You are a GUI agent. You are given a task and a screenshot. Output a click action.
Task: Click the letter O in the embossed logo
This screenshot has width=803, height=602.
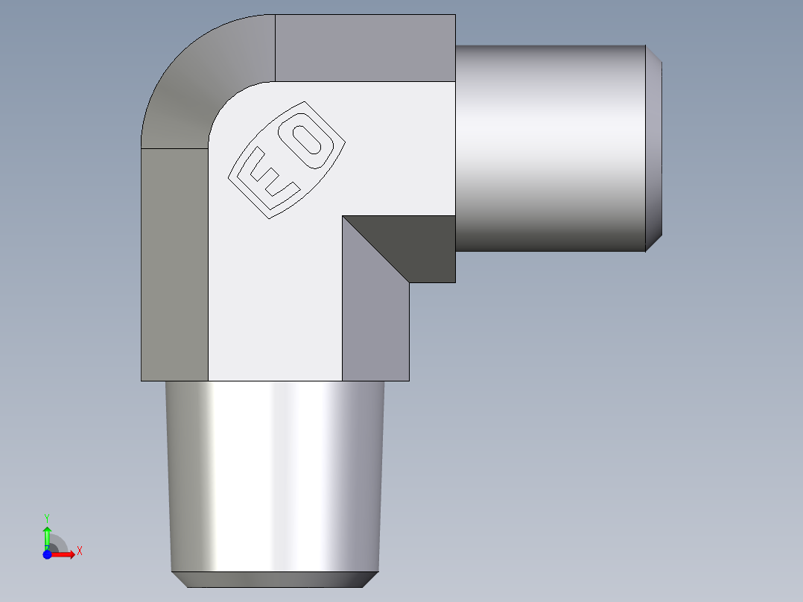coord(308,142)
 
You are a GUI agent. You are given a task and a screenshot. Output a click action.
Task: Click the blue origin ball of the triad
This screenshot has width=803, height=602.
coord(47,554)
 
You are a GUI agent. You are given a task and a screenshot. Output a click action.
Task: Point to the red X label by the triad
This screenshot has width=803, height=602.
coord(79,551)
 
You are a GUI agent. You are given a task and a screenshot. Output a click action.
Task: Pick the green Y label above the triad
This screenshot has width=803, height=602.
coord(47,517)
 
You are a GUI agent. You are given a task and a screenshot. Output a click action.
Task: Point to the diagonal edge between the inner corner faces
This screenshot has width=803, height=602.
coord(376,250)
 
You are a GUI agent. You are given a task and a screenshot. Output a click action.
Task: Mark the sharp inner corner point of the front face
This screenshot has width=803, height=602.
coord(343,216)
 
